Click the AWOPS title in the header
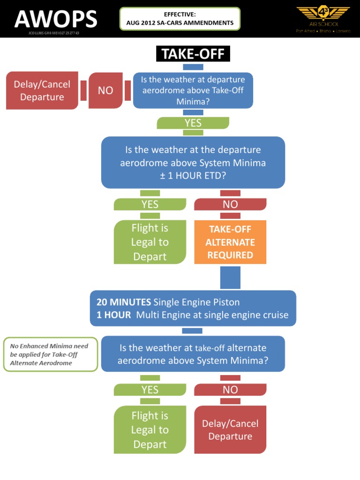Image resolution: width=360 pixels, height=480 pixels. pyautogui.click(x=56, y=19)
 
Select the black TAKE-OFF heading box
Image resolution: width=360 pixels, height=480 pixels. pyautogui.click(x=193, y=54)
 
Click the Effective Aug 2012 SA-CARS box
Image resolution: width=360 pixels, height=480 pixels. pyautogui.click(x=180, y=19)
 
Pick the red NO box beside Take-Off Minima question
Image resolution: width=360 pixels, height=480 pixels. pyautogui.click(x=105, y=90)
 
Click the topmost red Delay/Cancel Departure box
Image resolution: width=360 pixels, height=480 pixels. pyautogui.click(x=42, y=90)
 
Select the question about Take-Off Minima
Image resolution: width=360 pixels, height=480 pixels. pyautogui.click(x=193, y=90)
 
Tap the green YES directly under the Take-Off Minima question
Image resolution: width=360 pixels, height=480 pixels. pyautogui.click(x=193, y=123)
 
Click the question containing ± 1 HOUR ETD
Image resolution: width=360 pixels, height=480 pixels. pyautogui.click(x=193, y=162)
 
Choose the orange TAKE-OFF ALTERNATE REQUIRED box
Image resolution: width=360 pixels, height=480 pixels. pyautogui.click(x=230, y=242)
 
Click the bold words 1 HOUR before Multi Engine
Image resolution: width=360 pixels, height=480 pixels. pyautogui.click(x=114, y=315)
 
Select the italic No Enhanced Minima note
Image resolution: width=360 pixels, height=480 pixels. pyautogui.click(x=50, y=354)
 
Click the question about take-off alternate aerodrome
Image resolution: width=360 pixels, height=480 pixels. pyautogui.click(x=193, y=354)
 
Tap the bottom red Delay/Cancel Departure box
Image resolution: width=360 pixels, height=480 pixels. pyautogui.click(x=230, y=430)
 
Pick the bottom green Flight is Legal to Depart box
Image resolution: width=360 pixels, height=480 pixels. pyautogui.click(x=150, y=430)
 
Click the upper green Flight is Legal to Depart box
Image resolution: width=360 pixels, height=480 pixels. pyautogui.click(x=150, y=242)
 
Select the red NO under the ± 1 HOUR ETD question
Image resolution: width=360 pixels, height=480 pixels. pyautogui.click(x=230, y=204)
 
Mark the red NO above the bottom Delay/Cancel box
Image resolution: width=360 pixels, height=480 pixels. pyautogui.click(x=230, y=390)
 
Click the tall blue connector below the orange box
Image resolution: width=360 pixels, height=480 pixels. pyautogui.click(x=230, y=277)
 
